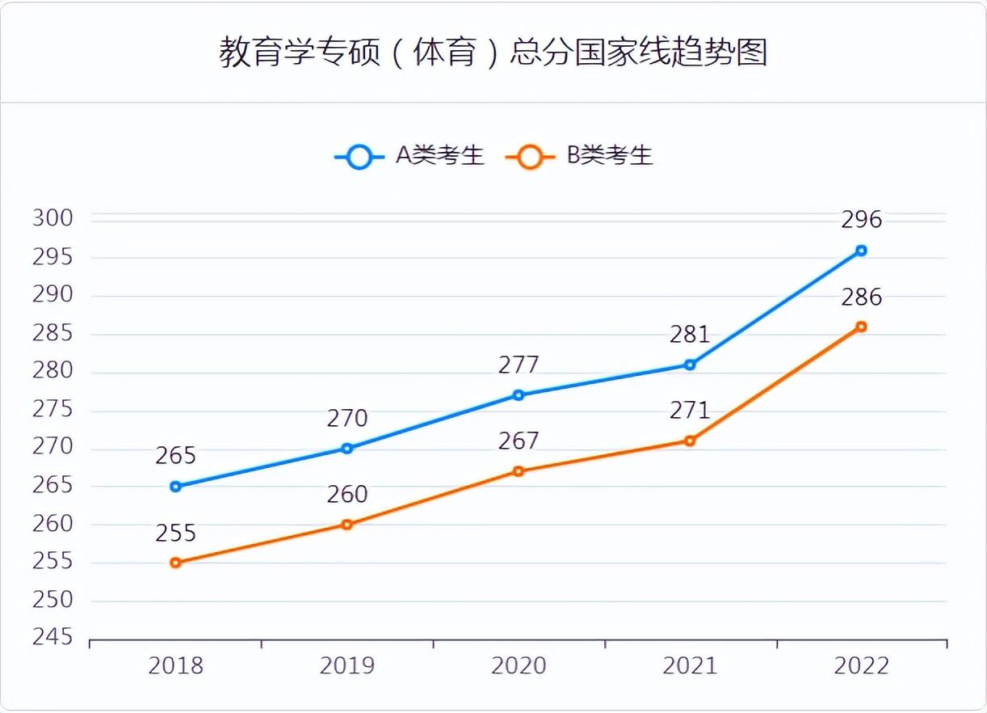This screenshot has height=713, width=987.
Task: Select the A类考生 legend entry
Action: (x=409, y=156)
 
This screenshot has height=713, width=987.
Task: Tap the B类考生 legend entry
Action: (x=579, y=156)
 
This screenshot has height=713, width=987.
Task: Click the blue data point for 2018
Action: (x=175, y=487)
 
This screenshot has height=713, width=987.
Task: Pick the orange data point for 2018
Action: (x=175, y=563)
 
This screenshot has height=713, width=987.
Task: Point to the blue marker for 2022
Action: (x=861, y=251)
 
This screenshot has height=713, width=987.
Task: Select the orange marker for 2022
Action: (x=861, y=327)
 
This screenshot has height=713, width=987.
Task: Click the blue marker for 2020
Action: (x=519, y=395)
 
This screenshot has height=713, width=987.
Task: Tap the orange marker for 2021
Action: (x=690, y=441)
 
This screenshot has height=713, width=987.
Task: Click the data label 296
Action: (x=861, y=220)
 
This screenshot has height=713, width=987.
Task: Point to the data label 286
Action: (x=861, y=297)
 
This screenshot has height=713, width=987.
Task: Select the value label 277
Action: (x=519, y=365)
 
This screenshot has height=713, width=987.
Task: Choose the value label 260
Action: (x=347, y=494)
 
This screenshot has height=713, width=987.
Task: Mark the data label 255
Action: (x=175, y=533)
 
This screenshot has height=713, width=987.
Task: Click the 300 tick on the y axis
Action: (x=52, y=218)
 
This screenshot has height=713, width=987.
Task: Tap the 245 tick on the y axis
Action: (x=52, y=638)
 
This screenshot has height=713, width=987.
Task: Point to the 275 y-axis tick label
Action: (x=52, y=409)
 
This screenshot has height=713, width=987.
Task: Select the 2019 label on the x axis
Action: (x=347, y=665)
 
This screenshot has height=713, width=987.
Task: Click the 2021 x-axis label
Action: (x=690, y=665)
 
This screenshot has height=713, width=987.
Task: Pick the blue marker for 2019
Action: (x=347, y=449)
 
